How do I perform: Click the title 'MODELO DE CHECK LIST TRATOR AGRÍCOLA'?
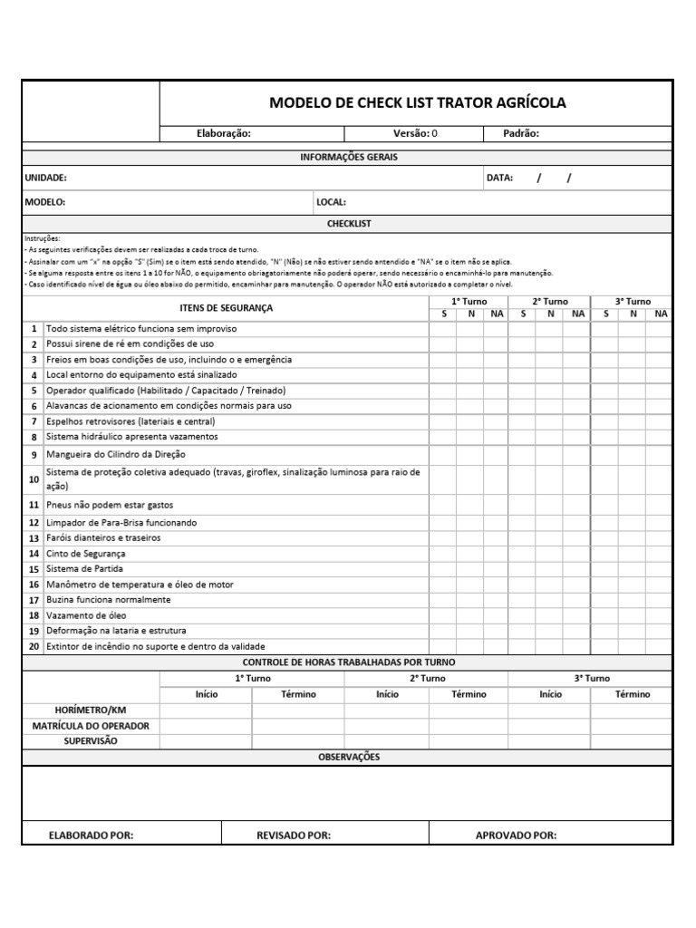[x=417, y=102]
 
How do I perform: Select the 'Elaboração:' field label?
[x=224, y=133]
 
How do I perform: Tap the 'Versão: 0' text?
[x=415, y=133]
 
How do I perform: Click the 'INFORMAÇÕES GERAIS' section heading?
[x=349, y=157]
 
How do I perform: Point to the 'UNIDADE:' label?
[x=45, y=179]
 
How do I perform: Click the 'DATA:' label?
[x=499, y=178]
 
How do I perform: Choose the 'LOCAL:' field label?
[x=331, y=202]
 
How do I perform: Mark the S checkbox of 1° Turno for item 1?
[x=442, y=329]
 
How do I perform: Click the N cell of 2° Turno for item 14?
[x=550, y=553]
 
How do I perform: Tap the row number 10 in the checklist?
[x=34, y=478]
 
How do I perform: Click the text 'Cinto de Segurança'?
[x=86, y=553]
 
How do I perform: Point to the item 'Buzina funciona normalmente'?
[x=108, y=600]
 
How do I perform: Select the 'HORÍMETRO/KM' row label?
[x=91, y=710]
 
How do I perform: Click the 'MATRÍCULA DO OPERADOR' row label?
[x=91, y=726]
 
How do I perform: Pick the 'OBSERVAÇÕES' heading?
[x=349, y=757]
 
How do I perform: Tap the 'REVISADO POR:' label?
[x=294, y=836]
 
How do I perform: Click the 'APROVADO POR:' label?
[x=516, y=836]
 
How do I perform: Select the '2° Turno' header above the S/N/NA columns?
[x=549, y=301]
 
